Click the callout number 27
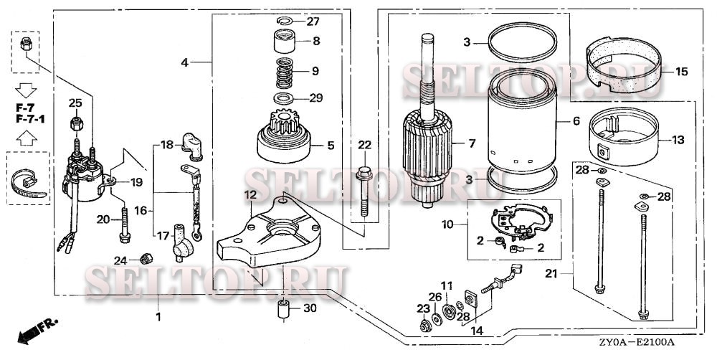pyautogui.click(x=313, y=22)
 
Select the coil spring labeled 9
pyautogui.click(x=287, y=72)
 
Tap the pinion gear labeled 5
pyautogui.click(x=285, y=140)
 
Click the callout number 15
pyautogui.click(x=680, y=72)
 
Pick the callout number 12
pyautogui.click(x=250, y=195)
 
